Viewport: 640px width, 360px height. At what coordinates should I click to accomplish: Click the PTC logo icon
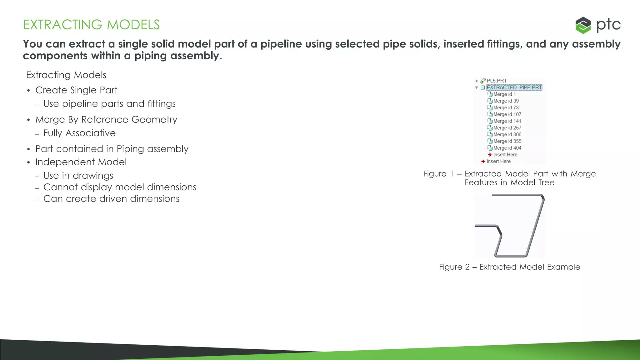pos(583,25)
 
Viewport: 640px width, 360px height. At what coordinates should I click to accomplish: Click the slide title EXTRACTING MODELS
pos(91,25)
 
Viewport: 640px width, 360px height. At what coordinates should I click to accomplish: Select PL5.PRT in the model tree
pos(497,81)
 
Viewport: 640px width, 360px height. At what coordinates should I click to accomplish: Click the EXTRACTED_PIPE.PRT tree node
pos(514,87)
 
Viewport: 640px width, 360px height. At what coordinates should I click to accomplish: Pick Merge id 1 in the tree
pos(504,94)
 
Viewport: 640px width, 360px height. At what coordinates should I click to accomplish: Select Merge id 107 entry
pos(507,114)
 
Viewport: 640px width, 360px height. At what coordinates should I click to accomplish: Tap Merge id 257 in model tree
pos(507,128)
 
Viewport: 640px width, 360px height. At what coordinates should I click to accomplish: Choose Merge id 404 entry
pos(507,148)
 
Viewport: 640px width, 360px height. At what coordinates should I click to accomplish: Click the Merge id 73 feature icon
pos(490,108)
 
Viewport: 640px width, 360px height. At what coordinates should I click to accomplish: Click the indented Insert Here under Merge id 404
pos(505,155)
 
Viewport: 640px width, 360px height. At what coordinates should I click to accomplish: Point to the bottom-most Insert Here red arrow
pos(483,162)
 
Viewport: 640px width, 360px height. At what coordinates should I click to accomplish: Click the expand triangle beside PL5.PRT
pos(477,81)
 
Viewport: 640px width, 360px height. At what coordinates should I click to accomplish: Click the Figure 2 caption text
pos(509,267)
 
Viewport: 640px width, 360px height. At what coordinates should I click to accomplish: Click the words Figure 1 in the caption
pos(438,174)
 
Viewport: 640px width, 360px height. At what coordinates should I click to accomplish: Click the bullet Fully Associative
pos(79,133)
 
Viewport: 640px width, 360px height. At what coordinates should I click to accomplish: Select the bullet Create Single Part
pos(76,90)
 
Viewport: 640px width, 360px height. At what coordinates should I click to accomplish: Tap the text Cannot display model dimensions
pos(120,187)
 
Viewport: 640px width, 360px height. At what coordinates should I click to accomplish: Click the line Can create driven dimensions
pos(111,199)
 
